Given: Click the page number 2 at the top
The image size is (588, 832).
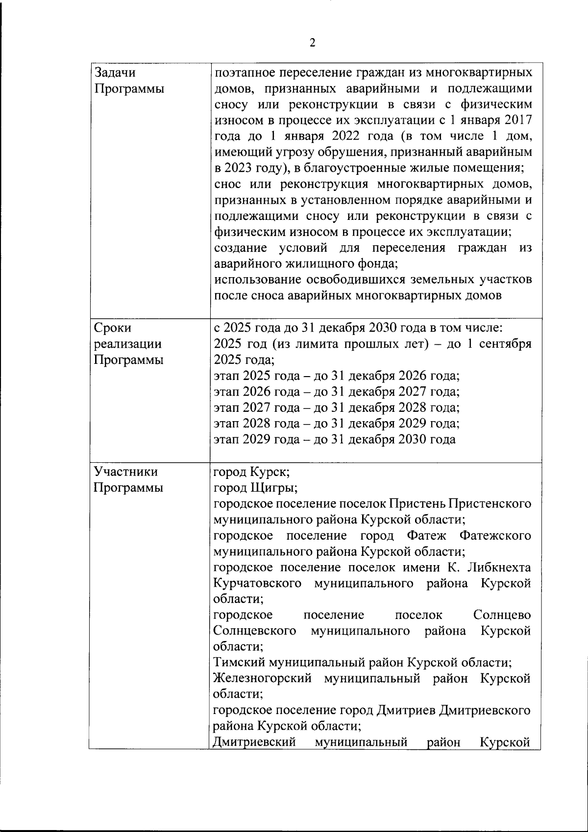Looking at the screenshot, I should (313, 43).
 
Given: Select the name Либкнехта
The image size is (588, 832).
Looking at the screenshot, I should (500, 568).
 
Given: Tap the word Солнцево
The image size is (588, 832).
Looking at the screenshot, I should (502, 615).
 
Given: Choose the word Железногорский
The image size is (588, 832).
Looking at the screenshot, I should (263, 679).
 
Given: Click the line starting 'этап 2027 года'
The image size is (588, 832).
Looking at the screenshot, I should (337, 407).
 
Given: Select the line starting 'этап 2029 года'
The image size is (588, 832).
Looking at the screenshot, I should (335, 439).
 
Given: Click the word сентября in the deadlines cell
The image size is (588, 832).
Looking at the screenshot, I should (505, 344).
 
